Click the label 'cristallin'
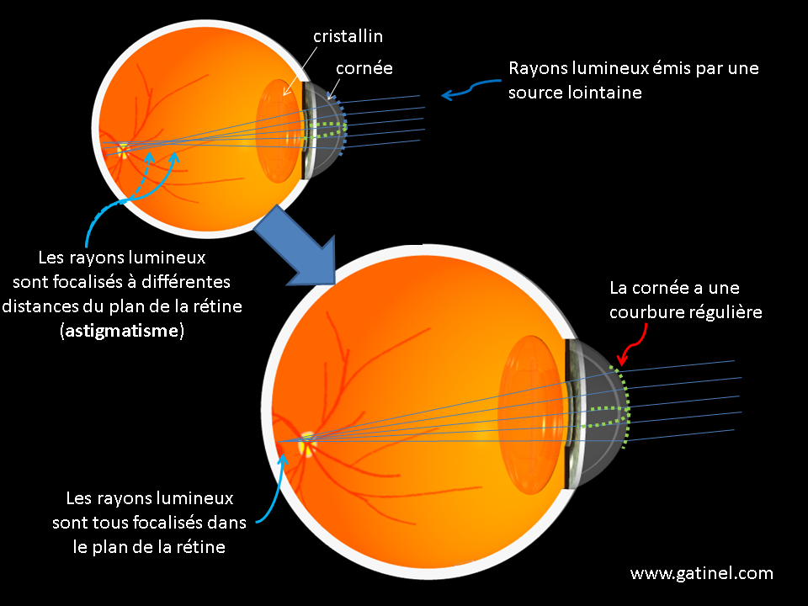[348, 36]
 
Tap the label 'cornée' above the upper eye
[364, 68]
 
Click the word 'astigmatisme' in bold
[122, 330]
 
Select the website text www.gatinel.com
[701, 573]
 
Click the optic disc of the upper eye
[123, 151]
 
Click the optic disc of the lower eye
[307, 444]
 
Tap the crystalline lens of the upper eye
[279, 131]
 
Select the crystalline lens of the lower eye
[531, 415]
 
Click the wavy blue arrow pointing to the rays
[471, 88]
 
